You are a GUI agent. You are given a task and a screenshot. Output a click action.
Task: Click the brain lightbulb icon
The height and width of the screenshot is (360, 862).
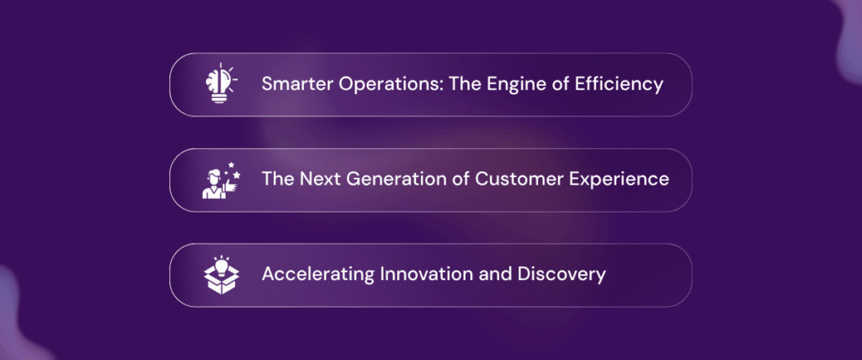tap(220, 83)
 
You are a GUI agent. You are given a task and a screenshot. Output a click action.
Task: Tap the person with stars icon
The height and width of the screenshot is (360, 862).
tap(221, 180)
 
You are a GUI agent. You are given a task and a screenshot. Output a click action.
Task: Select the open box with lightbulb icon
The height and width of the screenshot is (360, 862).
tap(221, 275)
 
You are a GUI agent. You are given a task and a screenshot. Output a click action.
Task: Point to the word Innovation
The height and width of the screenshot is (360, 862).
tap(418, 274)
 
